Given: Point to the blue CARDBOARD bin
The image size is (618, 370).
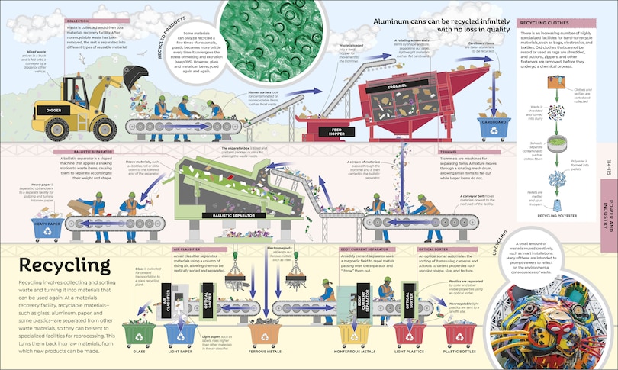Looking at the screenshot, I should [493, 127].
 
